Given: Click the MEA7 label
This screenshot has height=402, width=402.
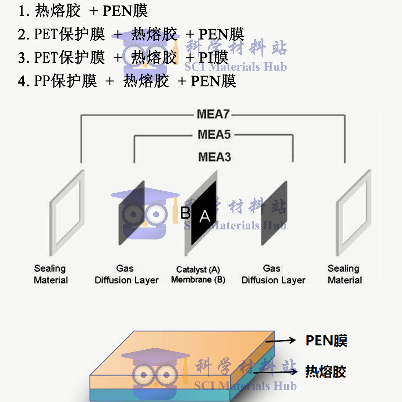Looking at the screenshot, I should tap(213, 114).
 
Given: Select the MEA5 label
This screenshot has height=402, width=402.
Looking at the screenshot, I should tap(214, 135).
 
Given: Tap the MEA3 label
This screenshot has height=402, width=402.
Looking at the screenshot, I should tap(214, 157).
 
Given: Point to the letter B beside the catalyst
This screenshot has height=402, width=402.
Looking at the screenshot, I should tap(186, 213).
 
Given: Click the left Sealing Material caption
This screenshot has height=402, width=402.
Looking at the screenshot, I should tap(51, 274).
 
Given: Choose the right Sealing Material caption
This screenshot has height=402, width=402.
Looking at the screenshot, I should tap(344, 274).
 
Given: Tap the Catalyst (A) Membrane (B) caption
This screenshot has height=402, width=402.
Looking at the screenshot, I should tap(198, 274).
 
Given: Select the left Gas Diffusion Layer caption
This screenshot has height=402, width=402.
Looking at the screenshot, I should tap(126, 274).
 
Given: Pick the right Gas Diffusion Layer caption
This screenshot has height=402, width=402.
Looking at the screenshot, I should tap(273, 274).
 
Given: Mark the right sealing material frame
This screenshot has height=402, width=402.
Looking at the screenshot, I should tap(353, 213).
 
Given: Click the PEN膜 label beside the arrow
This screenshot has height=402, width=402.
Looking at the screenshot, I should tap(326, 341).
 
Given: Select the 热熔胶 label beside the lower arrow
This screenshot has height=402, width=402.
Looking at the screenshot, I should tap(325, 372).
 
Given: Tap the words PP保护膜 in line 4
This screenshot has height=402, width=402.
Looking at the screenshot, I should tap(65, 81).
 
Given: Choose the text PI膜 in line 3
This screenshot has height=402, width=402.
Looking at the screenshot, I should tap(213, 58).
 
